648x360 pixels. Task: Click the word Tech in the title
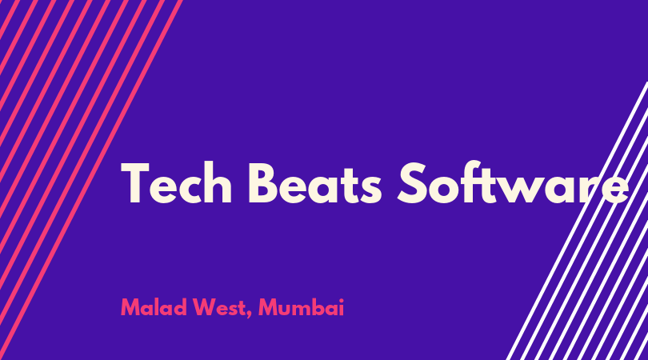click(x=177, y=183)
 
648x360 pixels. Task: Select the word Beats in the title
click(x=315, y=183)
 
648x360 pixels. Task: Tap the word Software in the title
click(x=513, y=182)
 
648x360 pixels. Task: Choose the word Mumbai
click(x=301, y=307)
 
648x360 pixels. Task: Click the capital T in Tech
click(x=134, y=183)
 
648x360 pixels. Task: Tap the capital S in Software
click(x=412, y=182)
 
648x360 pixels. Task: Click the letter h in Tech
click(x=218, y=183)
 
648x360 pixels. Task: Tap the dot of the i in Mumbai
click(x=341, y=301)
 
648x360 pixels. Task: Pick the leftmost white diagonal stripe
click(x=578, y=221)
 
